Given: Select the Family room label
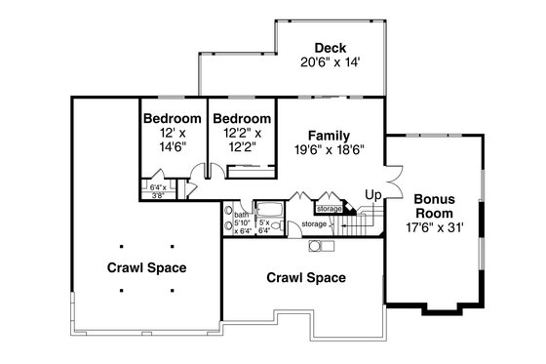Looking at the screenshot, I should [x=329, y=136].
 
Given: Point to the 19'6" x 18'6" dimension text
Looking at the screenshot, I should [x=329, y=150].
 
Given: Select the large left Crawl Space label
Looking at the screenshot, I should [x=147, y=266].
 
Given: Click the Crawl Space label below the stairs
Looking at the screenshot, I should [x=306, y=278].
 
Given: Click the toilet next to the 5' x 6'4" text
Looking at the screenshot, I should [x=276, y=225].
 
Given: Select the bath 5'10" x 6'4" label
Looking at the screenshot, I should [x=243, y=222].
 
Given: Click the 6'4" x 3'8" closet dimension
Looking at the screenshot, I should [x=157, y=190].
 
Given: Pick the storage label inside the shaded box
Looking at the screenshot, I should [x=329, y=208].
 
